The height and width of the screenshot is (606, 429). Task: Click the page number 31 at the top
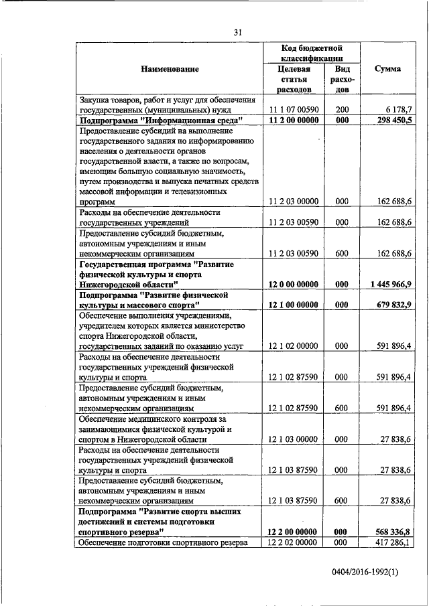238,31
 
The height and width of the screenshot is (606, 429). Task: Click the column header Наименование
170,69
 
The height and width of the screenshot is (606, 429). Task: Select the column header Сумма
388,69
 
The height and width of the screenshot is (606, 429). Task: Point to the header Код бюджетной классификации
312,54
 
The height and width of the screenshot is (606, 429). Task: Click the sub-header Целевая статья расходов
294,79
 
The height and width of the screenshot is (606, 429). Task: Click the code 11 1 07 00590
294,109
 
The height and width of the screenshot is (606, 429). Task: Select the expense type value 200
342,109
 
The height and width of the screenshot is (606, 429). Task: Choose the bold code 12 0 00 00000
294,284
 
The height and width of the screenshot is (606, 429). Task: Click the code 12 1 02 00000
294,346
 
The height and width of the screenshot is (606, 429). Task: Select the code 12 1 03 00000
294,439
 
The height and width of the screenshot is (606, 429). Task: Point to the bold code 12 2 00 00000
294,531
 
